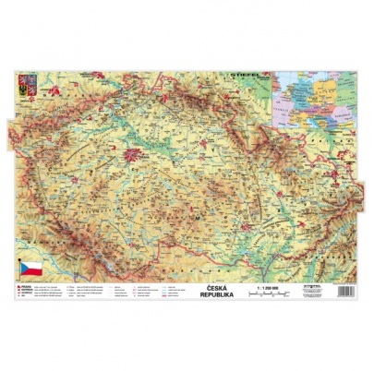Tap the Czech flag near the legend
30,269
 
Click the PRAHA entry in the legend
26,287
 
